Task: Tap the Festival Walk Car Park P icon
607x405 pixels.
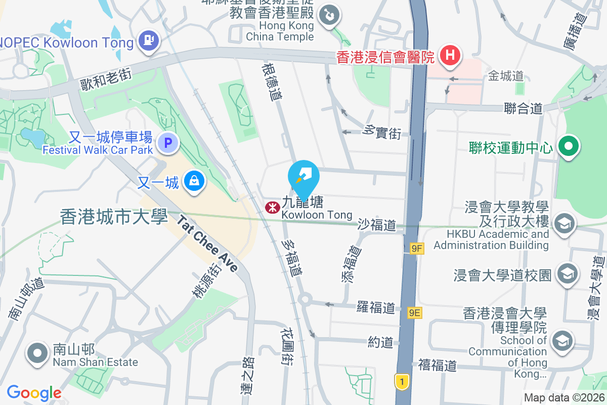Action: point(168,143)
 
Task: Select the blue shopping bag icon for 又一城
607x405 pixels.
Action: point(194,180)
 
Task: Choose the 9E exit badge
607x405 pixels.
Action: point(415,313)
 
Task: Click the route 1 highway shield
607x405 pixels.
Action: point(402,382)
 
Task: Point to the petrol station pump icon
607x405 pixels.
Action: point(149,39)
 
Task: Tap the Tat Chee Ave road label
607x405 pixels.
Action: point(207,244)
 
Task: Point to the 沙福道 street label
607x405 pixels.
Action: point(377,224)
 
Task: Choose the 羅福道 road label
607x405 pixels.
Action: point(375,307)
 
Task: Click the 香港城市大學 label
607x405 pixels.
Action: point(113,217)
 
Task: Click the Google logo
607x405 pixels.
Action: point(34,393)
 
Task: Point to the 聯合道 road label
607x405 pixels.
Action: point(524,108)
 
